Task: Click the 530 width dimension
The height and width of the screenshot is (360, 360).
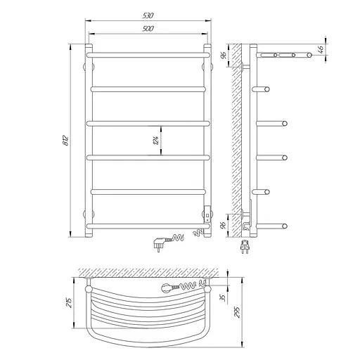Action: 148,15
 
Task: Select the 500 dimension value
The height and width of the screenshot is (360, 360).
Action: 148,29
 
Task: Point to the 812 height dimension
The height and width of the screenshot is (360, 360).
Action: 66,140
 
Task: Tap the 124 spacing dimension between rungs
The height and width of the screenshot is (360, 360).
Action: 156,140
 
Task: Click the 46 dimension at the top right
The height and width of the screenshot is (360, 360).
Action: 321,49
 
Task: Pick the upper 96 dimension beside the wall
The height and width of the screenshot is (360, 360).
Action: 224,56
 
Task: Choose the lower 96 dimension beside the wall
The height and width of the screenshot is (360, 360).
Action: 224,225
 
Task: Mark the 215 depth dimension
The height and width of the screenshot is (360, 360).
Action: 68,302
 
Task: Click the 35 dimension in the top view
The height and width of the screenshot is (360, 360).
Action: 224,297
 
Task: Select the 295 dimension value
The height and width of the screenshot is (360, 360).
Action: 237,312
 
